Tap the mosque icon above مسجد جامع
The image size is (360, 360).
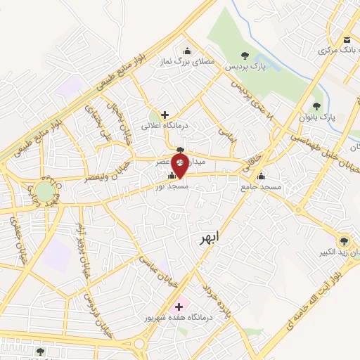[262, 176]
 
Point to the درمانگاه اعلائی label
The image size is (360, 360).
[163, 126]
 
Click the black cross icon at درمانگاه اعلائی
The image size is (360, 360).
[165, 115]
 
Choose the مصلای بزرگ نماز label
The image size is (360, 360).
[186, 62]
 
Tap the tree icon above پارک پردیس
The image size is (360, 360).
[244, 55]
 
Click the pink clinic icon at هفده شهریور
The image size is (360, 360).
[178, 307]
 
